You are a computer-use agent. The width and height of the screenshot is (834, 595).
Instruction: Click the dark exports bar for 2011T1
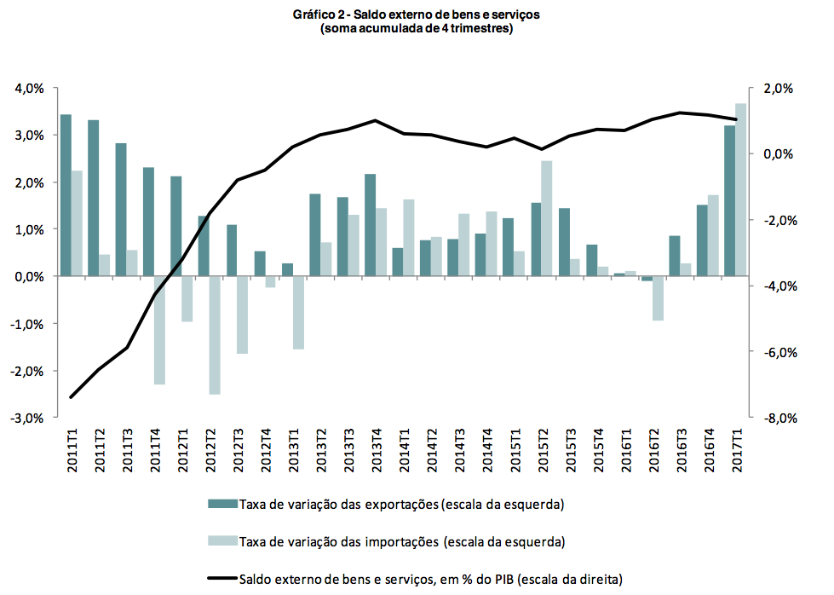66,195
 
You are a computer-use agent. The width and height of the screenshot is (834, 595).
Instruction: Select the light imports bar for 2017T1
741,190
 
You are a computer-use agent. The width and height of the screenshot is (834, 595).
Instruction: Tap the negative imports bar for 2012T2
216,335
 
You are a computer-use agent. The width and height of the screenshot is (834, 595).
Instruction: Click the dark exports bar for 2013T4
370,225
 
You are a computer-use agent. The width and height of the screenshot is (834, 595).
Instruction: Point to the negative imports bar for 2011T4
159,330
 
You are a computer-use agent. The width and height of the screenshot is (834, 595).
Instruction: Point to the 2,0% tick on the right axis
777,88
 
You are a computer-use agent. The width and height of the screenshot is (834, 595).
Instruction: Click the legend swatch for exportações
222,504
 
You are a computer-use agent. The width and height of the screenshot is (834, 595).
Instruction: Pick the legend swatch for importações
222,541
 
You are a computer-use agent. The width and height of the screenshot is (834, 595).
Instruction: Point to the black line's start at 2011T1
72,397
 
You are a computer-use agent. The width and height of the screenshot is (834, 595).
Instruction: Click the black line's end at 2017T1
736,119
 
